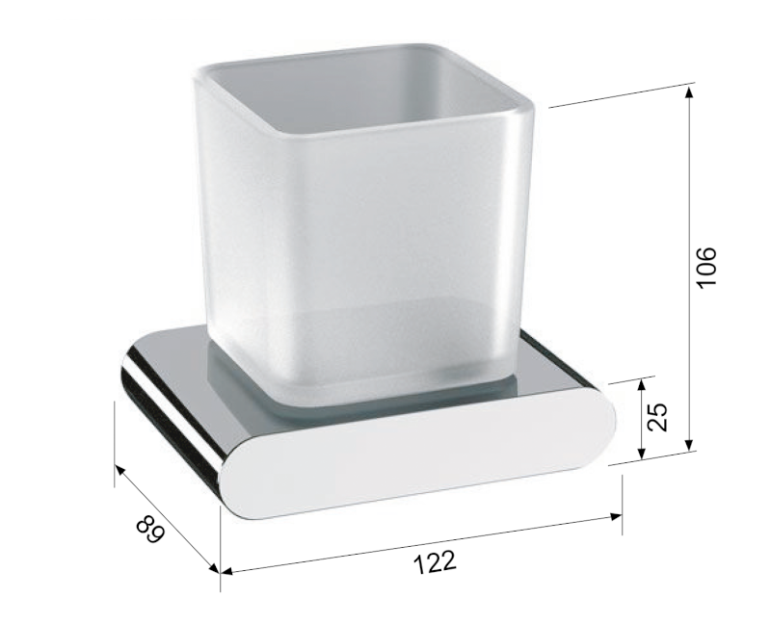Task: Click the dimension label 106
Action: coord(707,268)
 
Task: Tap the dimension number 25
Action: coord(657,417)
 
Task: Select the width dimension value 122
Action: coord(436,562)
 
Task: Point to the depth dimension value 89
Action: coord(150,529)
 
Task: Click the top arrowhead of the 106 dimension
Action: coord(690,92)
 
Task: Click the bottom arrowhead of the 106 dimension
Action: coord(690,444)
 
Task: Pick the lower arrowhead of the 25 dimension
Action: coord(641,454)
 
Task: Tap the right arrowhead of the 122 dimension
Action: coord(616,516)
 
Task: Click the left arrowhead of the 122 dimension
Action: coord(227,571)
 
